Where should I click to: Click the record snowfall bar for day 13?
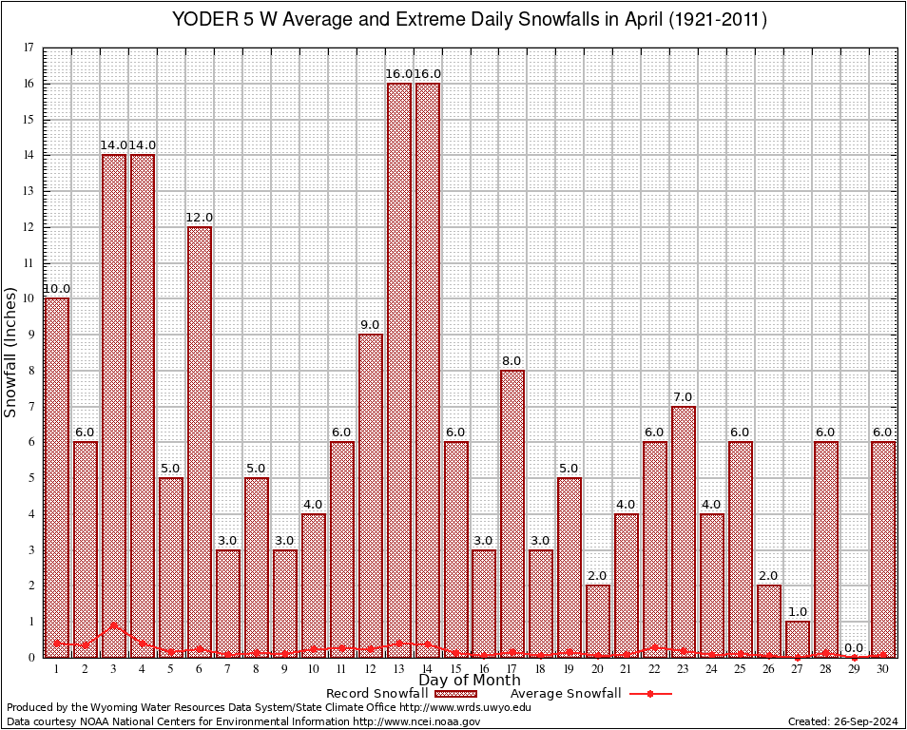click(399, 370)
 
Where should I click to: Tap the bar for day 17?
click(512, 513)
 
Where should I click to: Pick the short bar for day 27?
click(798, 639)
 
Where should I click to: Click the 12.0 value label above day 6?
click(200, 218)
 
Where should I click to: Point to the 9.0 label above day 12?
click(371, 325)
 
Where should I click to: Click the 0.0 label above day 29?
click(855, 647)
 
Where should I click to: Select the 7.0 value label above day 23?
click(684, 396)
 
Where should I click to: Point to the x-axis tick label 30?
click(883, 669)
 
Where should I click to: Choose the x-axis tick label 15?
click(456, 669)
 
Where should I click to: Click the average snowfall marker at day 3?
click(114, 625)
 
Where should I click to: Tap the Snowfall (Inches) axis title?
click(11, 352)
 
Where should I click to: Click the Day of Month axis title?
click(470, 681)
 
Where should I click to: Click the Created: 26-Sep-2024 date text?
click(843, 721)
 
